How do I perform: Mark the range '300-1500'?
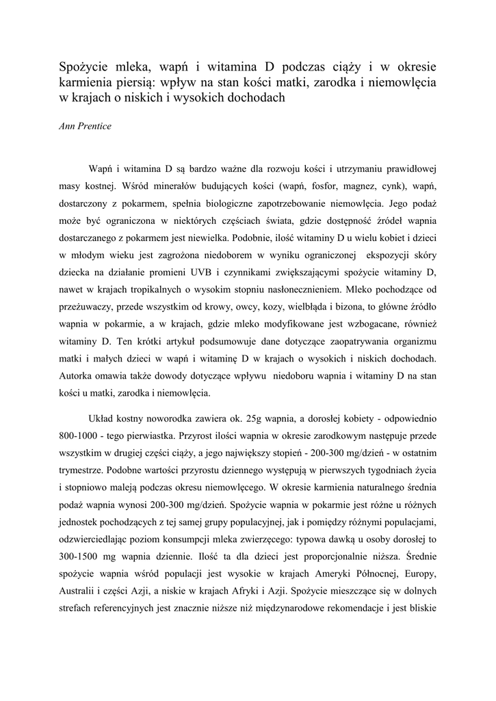pos(83,559)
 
